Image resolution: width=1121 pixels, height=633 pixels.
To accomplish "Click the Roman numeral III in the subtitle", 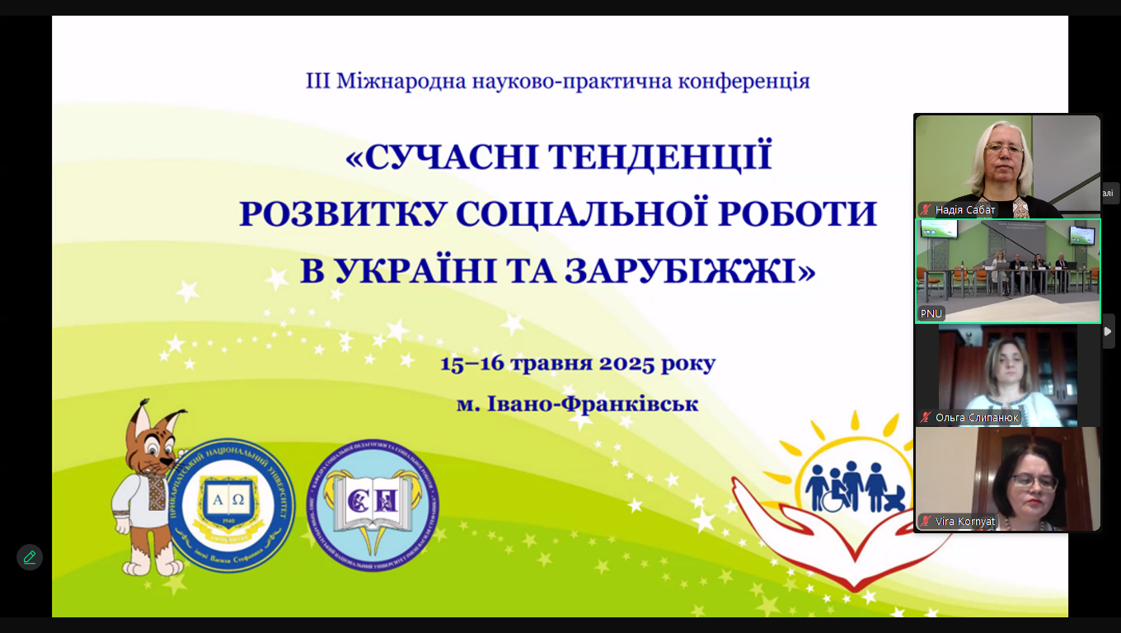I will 318,81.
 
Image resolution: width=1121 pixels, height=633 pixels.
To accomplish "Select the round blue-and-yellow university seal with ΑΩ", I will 232,505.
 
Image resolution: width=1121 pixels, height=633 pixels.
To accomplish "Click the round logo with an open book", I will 373,505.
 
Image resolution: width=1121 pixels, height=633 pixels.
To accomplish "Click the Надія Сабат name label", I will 965,210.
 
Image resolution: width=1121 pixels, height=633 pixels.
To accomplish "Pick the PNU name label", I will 931,314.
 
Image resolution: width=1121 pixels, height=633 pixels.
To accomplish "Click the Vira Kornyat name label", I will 965,522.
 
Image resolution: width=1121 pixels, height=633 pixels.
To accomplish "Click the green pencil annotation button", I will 30,557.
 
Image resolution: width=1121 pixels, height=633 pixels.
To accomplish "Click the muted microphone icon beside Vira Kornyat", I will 926,522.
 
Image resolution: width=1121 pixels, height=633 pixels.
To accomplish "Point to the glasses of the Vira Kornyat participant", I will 1034,481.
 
